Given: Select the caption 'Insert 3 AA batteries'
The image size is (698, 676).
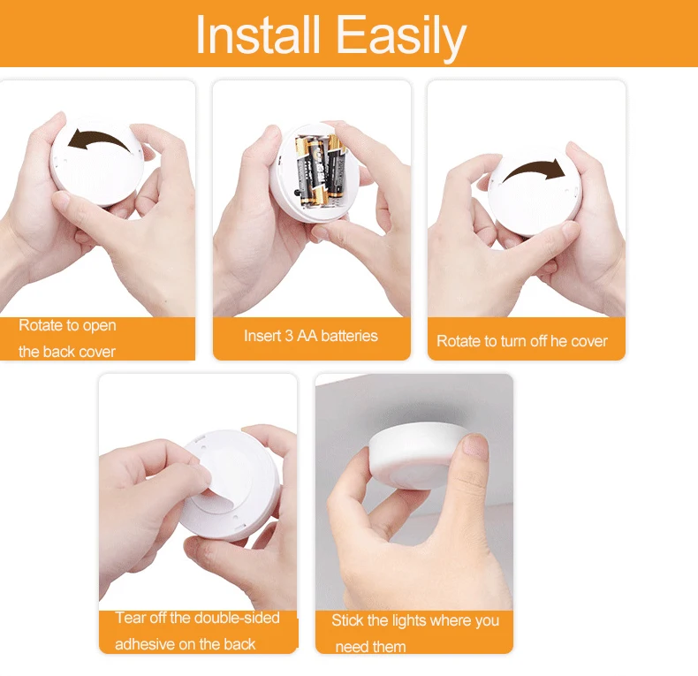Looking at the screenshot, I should coord(311,336).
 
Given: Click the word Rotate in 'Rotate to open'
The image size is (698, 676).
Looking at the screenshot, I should coord(41,326).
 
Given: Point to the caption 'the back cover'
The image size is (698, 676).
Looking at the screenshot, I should coord(67,352).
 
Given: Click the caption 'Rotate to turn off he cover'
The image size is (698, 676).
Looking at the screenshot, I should coord(522,341).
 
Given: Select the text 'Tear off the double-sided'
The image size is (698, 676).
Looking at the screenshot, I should coord(198,618).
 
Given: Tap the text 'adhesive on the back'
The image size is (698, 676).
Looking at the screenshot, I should coord(186,643).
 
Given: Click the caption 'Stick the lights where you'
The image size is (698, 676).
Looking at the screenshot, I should coord(415,620).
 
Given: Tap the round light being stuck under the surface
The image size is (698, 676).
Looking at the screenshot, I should coord(415,451).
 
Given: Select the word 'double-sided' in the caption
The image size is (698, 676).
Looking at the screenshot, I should coord(238,618).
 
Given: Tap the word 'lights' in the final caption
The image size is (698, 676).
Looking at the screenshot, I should coord(408,620).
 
